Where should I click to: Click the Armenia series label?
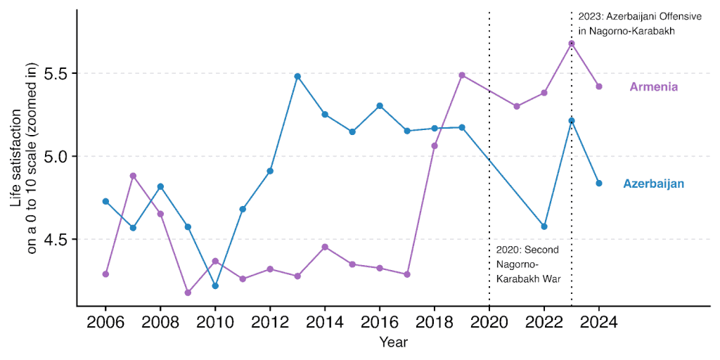(x=653, y=87)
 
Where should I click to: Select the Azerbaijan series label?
(x=653, y=184)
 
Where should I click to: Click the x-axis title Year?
(x=393, y=343)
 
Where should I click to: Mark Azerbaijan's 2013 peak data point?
(x=297, y=76)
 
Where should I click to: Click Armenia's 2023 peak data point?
(x=572, y=44)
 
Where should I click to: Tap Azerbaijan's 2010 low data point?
(x=215, y=286)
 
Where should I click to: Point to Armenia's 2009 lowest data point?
(x=188, y=292)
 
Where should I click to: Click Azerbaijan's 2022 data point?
(x=544, y=226)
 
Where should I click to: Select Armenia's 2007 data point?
(x=133, y=176)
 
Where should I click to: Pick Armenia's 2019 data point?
(x=462, y=75)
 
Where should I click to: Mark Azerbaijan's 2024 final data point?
(x=599, y=184)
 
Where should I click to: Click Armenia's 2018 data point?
(x=435, y=146)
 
